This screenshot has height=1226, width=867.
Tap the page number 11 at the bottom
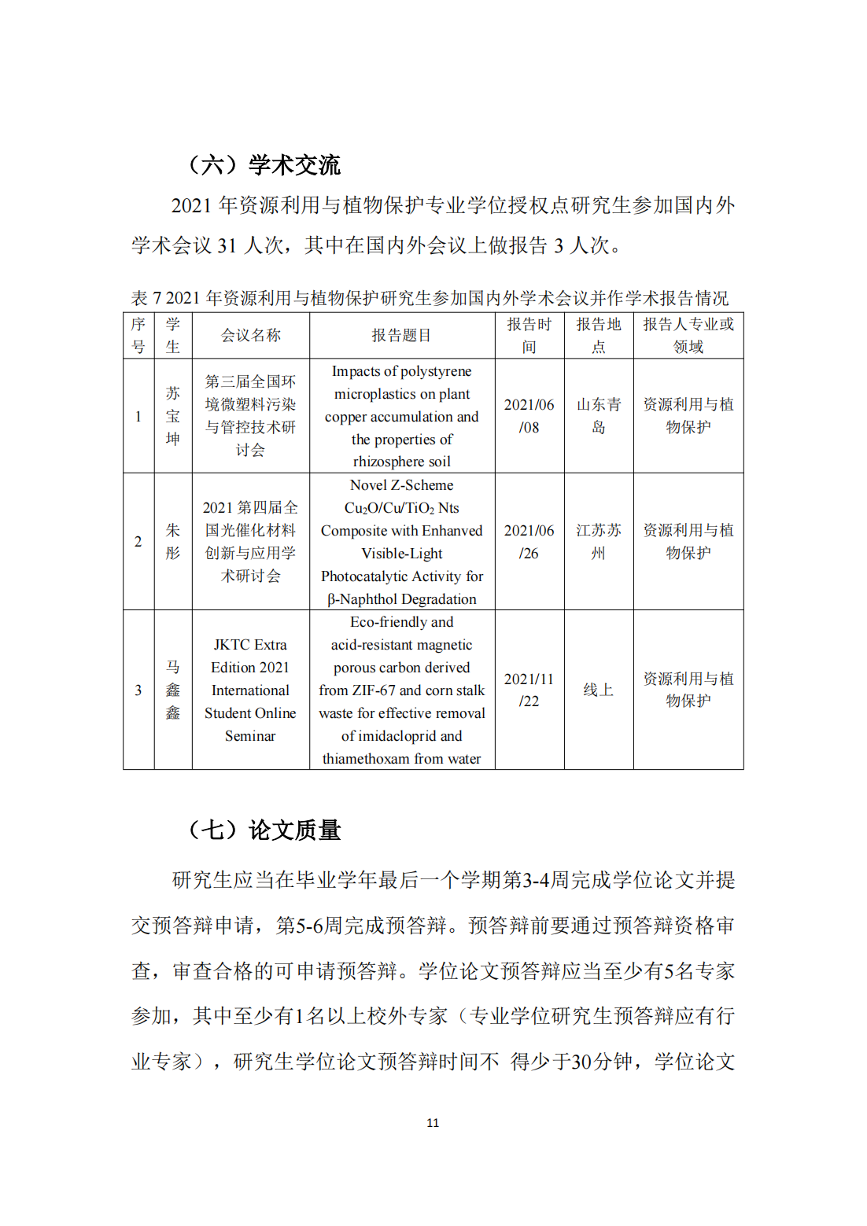coord(433,1123)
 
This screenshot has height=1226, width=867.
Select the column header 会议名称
coord(250,336)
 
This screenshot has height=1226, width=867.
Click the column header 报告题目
coord(401,336)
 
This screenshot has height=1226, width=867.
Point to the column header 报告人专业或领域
coord(688,336)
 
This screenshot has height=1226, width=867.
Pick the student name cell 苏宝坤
coord(173,416)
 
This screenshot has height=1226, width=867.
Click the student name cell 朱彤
coord(173,542)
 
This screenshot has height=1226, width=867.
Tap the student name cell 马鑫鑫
coord(173,690)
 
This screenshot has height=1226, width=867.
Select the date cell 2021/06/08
coord(529,416)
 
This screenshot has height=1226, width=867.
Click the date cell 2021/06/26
coord(529,542)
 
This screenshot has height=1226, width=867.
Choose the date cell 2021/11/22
coord(529,690)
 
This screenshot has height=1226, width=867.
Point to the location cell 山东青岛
coord(599,416)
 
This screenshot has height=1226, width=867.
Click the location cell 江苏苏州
coord(599,542)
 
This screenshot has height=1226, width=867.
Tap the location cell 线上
coord(598,690)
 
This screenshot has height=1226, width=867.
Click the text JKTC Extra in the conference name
coord(250,646)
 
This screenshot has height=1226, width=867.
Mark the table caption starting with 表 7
coord(430,299)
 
